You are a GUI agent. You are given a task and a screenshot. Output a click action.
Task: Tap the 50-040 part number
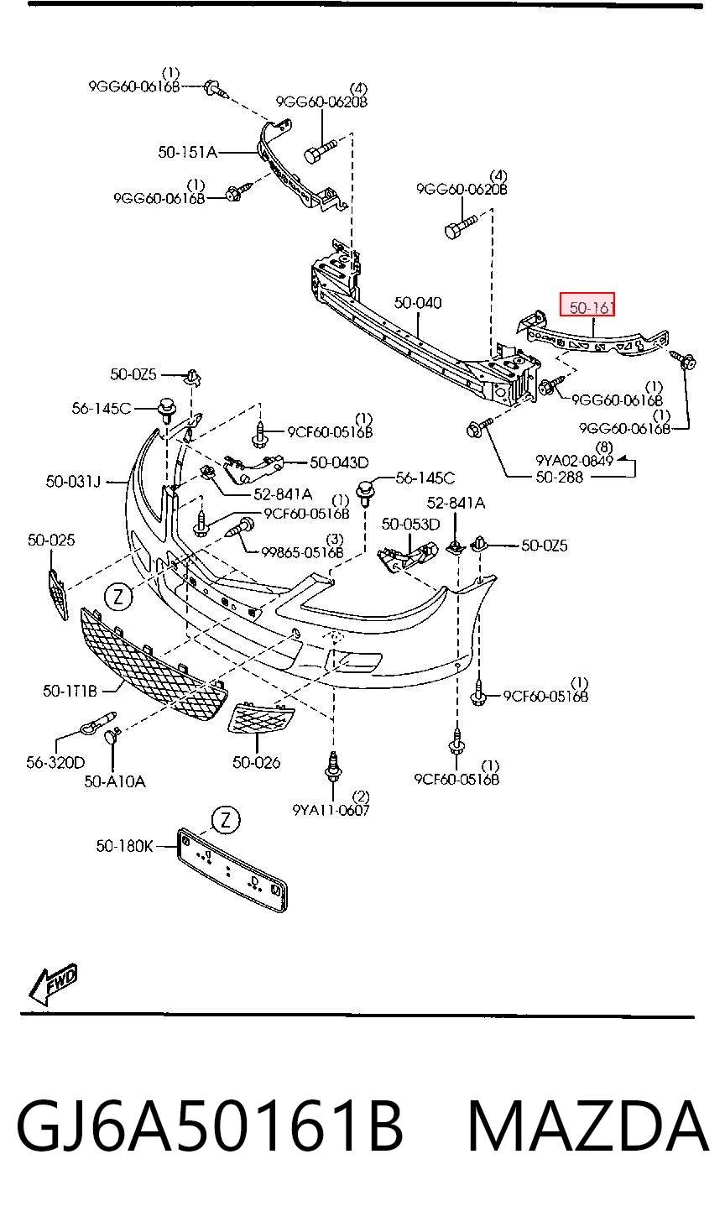tap(418, 303)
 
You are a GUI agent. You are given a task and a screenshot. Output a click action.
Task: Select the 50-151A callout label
tap(188, 152)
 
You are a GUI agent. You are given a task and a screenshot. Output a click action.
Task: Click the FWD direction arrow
tap(53, 984)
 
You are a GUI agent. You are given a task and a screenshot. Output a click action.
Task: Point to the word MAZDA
tap(588, 1126)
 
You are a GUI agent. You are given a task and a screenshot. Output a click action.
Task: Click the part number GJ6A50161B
tap(210, 1126)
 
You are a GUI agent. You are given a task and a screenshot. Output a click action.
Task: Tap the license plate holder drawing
tap(232, 869)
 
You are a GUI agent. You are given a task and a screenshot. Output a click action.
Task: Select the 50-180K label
tap(124, 846)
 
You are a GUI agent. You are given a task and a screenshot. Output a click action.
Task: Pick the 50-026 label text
tap(257, 762)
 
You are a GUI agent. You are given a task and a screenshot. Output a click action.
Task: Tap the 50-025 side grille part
tap(59, 594)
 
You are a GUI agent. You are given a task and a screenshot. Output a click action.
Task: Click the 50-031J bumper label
tap(74, 481)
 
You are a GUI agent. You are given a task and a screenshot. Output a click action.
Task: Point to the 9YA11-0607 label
tap(331, 810)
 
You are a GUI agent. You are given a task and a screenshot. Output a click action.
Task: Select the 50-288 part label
tap(559, 478)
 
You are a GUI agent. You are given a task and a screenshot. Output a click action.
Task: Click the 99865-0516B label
tap(302, 552)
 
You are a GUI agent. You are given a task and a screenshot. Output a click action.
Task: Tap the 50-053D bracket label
tap(410, 525)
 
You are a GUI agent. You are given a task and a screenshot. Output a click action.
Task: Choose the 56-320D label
tap(55, 762)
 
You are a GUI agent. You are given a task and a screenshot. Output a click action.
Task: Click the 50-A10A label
tap(115, 781)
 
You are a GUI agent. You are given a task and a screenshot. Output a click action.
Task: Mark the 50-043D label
tap(339, 462)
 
